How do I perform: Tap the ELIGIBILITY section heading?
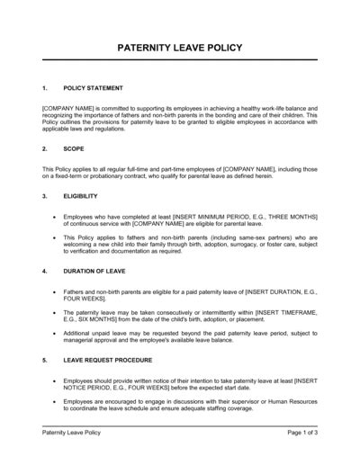(83, 195)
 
